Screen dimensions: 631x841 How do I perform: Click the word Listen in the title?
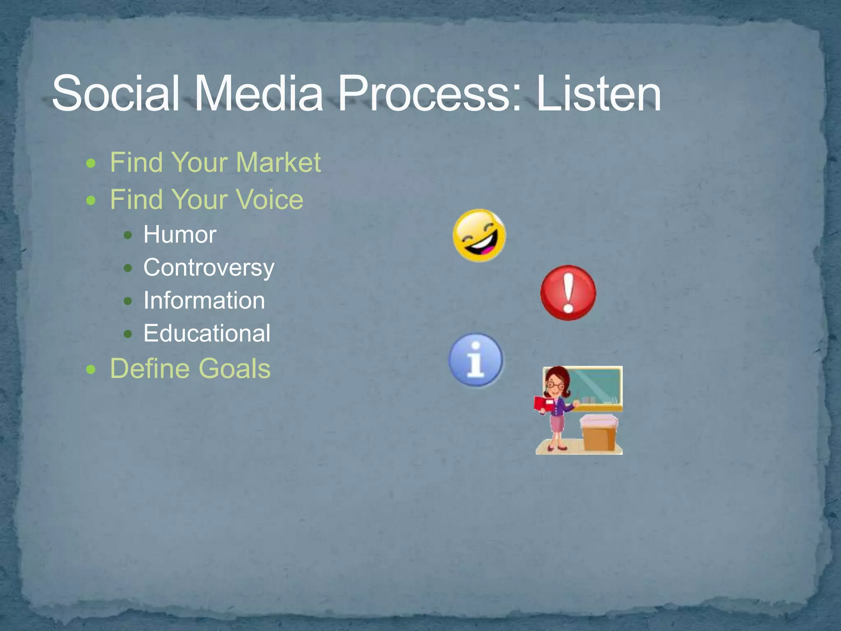tap(598, 94)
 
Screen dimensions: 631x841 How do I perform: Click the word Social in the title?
tap(115, 94)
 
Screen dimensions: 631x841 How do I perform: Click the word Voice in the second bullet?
tap(269, 200)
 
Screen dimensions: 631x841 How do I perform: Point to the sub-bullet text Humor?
tap(179, 235)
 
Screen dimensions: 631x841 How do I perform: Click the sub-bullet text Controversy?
tap(209, 268)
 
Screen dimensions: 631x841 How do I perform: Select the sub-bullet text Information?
tap(204, 301)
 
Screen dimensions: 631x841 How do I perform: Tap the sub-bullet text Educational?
tap(207, 333)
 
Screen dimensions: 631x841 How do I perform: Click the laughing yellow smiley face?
tap(479, 235)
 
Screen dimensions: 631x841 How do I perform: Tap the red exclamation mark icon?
tap(568, 293)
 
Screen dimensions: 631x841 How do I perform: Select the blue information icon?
tap(476, 360)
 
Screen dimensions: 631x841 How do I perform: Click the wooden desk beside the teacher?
tap(599, 435)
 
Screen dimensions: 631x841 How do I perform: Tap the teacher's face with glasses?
tap(555, 385)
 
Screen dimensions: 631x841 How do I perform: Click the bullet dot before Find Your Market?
tap(91, 164)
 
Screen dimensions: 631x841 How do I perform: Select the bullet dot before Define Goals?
tap(91, 369)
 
